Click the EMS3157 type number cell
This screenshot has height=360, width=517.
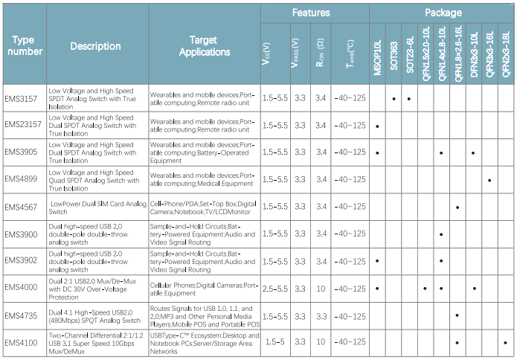click(x=20, y=98)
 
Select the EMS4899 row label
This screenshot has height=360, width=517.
click(x=20, y=179)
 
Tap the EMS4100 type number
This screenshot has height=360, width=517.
click(x=20, y=342)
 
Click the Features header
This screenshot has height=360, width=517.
click(x=311, y=13)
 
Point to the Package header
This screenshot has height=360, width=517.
click(x=443, y=13)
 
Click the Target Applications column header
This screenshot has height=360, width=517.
click(x=204, y=46)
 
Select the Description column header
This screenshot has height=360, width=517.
click(x=95, y=46)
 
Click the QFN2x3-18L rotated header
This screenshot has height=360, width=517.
click(x=506, y=54)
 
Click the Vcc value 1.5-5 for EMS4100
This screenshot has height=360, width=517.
click(x=274, y=342)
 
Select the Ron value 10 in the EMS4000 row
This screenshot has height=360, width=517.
click(x=321, y=288)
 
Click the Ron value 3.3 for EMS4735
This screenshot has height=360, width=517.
click(x=321, y=315)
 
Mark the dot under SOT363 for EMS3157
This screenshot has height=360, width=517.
click(x=394, y=98)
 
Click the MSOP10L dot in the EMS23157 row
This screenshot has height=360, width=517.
click(x=378, y=126)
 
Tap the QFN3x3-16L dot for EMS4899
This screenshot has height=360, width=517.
click(x=489, y=179)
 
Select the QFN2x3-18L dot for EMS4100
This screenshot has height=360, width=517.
click(x=505, y=342)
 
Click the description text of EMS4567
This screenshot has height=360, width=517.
click(x=97, y=207)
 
